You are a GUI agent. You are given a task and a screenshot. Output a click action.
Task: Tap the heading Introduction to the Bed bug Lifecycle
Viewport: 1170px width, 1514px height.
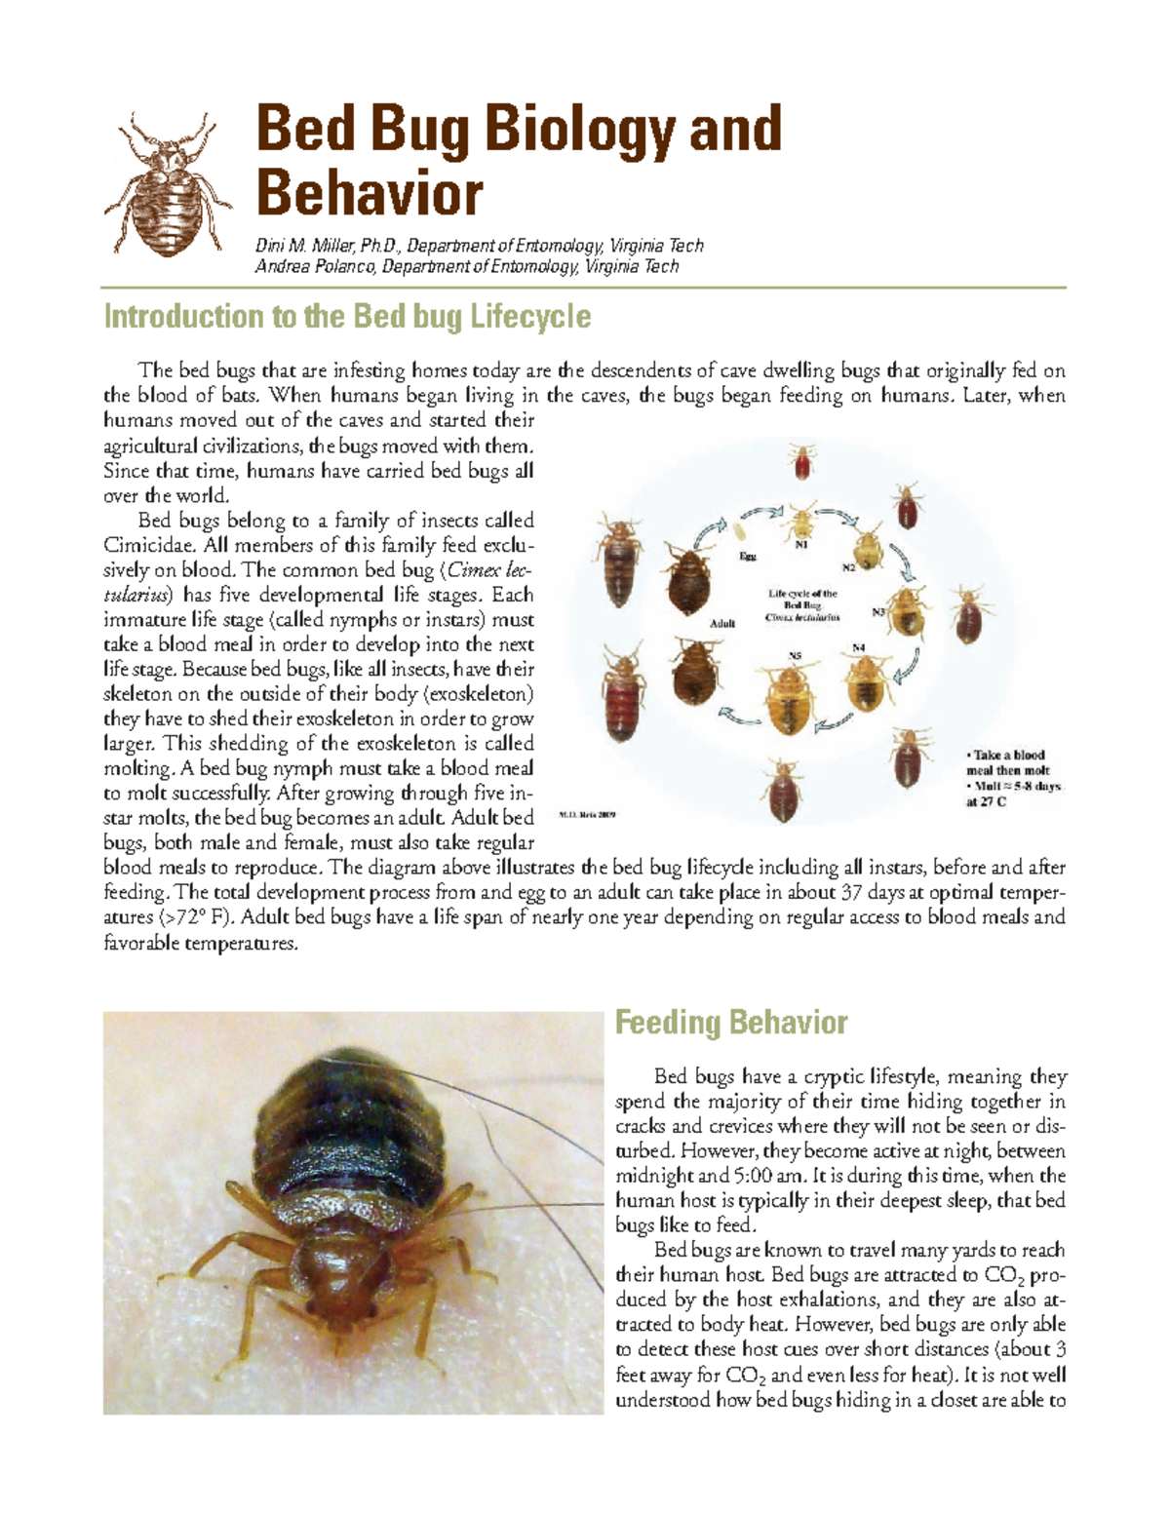point(347,317)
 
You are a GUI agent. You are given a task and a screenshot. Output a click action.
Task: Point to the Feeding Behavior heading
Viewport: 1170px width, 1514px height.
point(730,1023)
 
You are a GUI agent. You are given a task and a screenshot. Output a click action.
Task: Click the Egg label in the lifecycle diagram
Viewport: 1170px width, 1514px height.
point(747,556)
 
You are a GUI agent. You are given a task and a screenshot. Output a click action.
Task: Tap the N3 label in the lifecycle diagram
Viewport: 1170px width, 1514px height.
point(877,612)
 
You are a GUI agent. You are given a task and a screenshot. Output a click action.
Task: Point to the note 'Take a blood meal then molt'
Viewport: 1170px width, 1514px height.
point(1007,762)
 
